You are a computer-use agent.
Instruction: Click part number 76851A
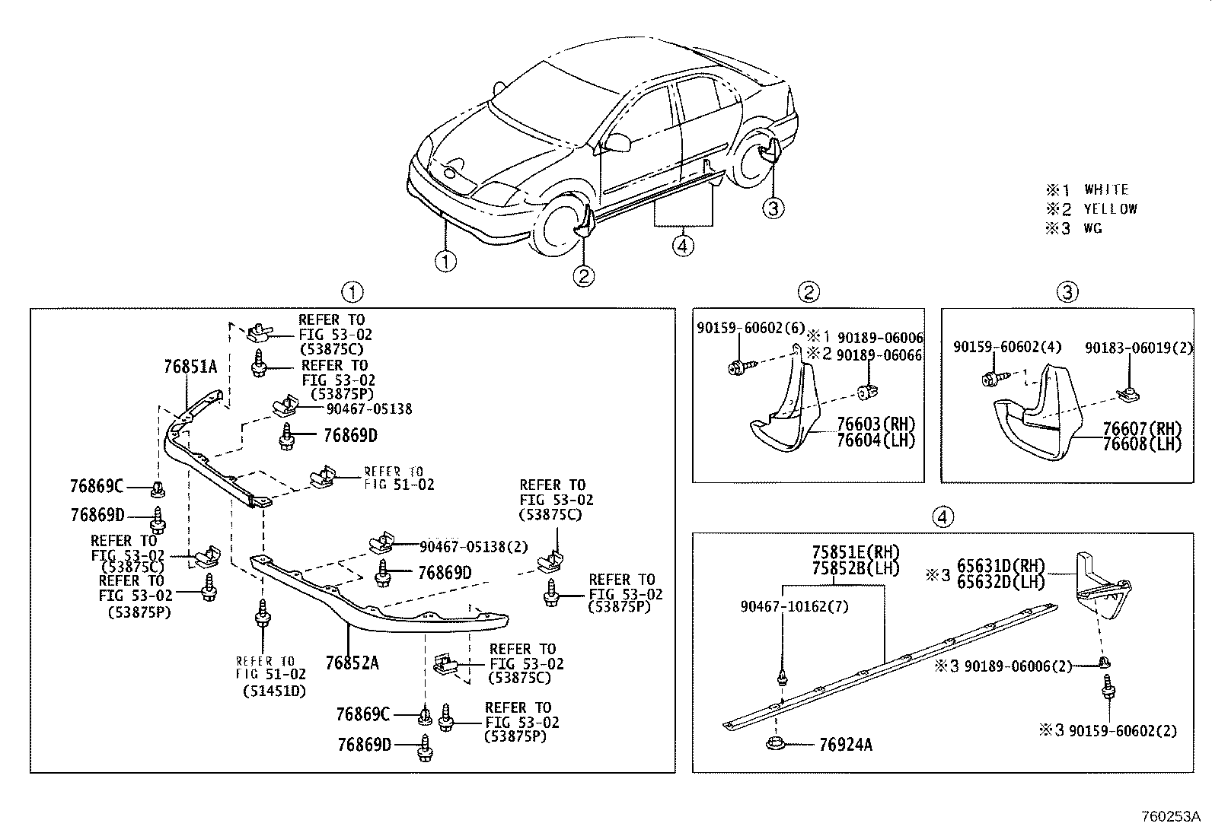[190, 367]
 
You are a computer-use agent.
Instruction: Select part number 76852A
[352, 663]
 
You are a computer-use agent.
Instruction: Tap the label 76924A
[846, 745]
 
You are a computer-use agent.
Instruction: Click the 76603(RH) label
[876, 424]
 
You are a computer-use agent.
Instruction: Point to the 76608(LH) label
[1142, 445]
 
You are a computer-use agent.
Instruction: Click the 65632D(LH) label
[1000, 583]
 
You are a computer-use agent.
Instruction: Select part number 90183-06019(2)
[1140, 348]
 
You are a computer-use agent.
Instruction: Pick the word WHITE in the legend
[1106, 189]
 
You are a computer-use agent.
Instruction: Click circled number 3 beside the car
[773, 207]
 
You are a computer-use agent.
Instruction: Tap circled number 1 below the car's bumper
[445, 262]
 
